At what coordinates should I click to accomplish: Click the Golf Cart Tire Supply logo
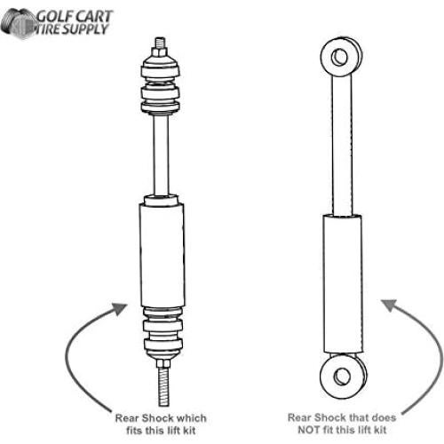coord(59,21)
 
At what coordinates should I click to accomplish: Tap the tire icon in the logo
coord(18,23)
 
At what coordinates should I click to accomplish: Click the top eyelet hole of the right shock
coord(338,58)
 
